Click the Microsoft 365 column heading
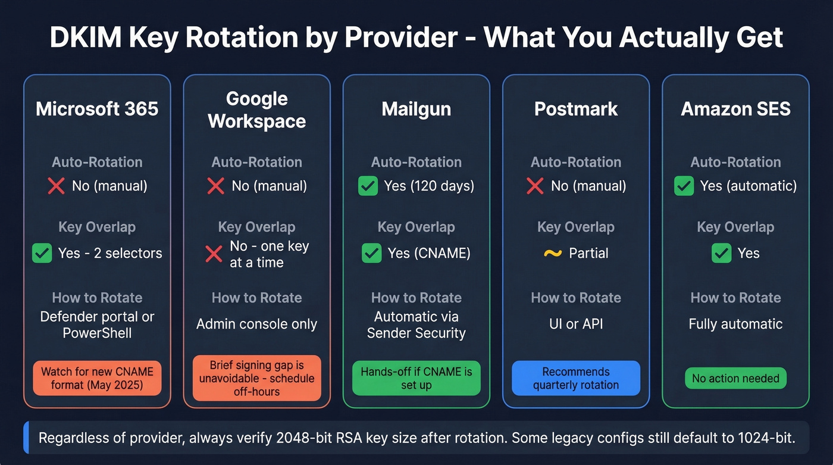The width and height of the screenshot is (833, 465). [x=97, y=109]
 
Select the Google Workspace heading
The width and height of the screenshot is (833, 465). [x=256, y=110]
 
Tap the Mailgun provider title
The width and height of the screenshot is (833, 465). [x=416, y=109]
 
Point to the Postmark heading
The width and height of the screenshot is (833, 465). [x=575, y=109]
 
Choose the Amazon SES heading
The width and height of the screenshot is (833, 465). [x=735, y=109]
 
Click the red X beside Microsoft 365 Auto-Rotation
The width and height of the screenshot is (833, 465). [x=57, y=186]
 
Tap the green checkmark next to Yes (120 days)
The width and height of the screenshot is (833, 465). [x=368, y=186]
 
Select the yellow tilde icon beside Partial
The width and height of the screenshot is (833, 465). [x=553, y=253]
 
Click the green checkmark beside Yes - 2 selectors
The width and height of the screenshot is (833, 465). [x=42, y=253]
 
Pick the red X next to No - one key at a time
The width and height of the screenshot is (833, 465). [x=214, y=254]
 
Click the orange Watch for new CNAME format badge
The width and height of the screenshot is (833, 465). [x=97, y=378]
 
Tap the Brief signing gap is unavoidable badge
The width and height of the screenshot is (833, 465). [x=256, y=378]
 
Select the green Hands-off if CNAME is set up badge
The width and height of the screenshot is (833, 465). [x=416, y=378]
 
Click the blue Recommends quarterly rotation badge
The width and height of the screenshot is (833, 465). [x=575, y=378]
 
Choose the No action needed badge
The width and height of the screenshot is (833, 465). [x=735, y=378]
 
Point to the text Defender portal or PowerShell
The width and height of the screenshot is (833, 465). [x=97, y=324]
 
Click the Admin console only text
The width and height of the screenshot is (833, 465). [x=256, y=324]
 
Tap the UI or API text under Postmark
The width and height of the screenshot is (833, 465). [x=575, y=324]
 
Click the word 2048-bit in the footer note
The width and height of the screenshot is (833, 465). [x=307, y=438]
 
